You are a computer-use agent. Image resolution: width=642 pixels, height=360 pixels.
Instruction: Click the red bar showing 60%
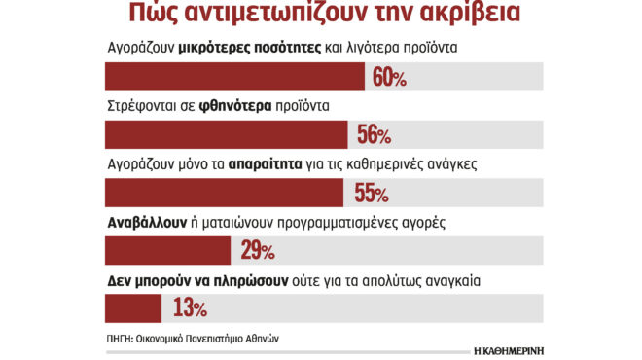(233, 78)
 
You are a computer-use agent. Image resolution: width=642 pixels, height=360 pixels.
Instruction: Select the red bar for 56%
(225, 134)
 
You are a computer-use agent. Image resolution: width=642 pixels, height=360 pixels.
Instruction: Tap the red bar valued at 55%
(223, 193)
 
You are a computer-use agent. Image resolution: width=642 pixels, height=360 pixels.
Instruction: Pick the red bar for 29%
(166, 251)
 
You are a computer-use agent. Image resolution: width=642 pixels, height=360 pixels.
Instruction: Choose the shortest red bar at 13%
(131, 308)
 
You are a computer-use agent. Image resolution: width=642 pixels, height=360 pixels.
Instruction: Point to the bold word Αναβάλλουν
(148, 222)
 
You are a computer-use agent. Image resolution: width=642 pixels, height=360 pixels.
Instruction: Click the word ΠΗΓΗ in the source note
(119, 339)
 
